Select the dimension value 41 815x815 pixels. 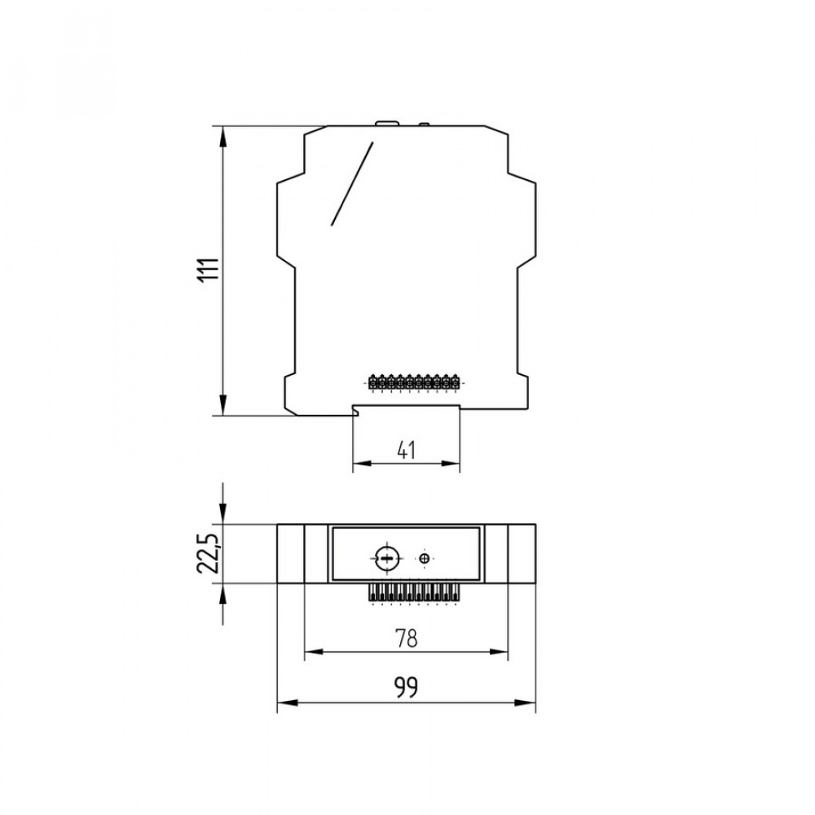[406, 450]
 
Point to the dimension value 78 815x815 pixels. [406, 638]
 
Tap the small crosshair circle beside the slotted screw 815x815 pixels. [425, 559]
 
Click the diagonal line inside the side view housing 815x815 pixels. [352, 183]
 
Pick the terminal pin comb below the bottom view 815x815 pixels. [414, 593]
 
